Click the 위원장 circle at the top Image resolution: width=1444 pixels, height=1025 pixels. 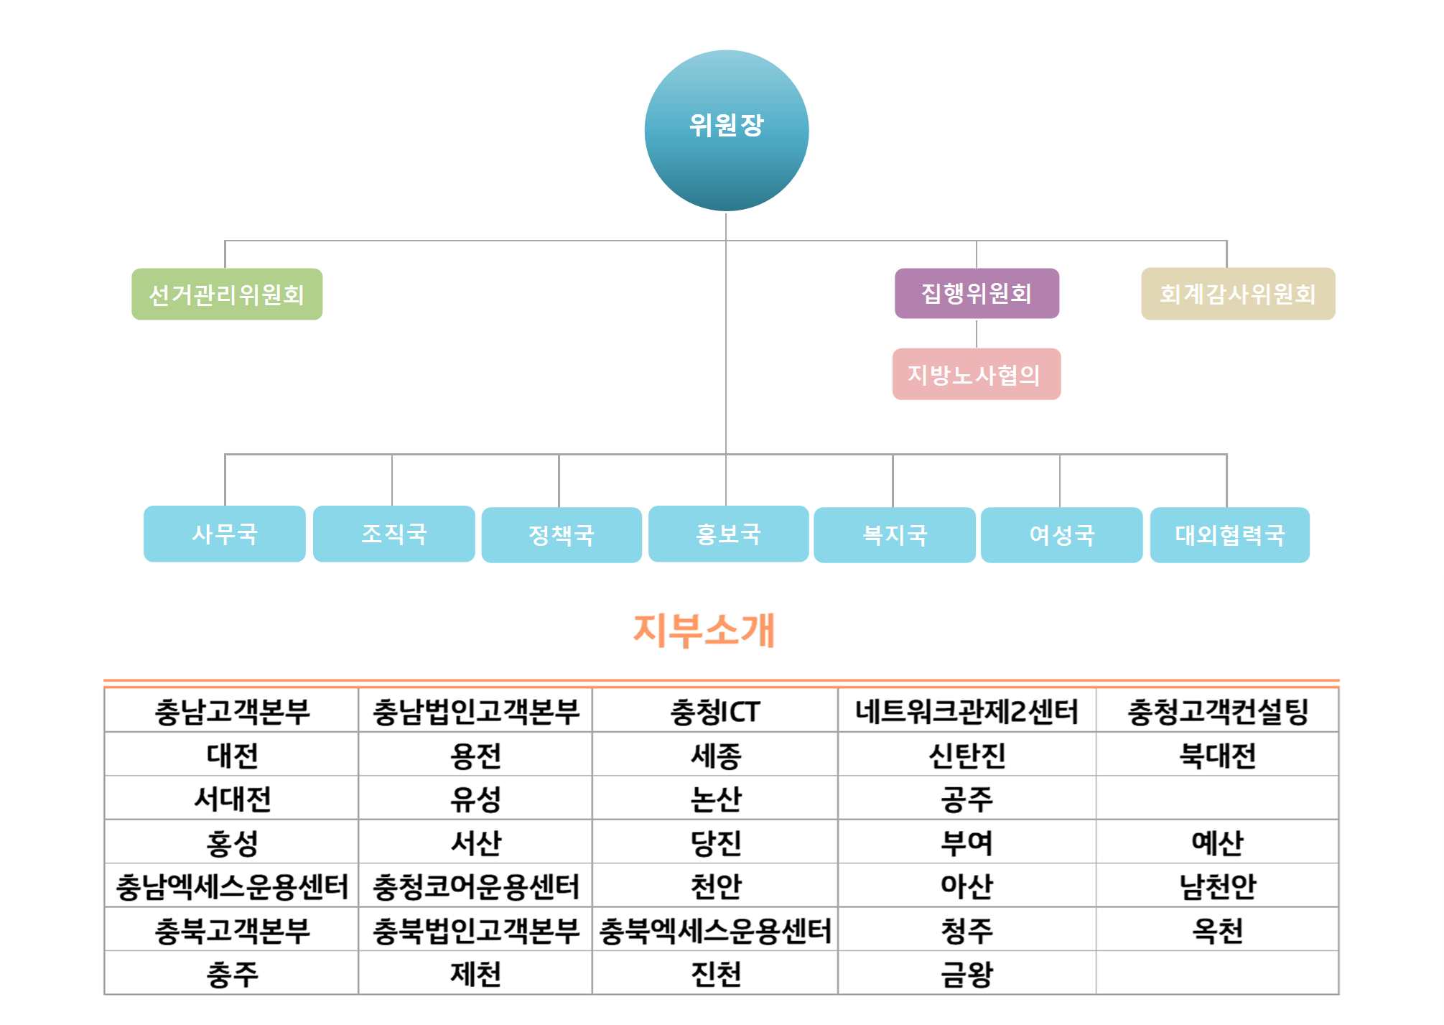point(727,130)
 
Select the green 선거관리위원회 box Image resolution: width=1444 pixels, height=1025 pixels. point(227,294)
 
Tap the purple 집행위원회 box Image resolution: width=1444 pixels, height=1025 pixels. point(977,293)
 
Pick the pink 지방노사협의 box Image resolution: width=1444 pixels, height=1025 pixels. point(977,374)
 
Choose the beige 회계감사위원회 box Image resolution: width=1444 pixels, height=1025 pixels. point(1238,294)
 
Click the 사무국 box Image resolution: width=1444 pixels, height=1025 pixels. point(225,534)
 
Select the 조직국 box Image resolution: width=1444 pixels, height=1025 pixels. point(394,534)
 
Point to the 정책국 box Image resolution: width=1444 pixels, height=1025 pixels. point(562,535)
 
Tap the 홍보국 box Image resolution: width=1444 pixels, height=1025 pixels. point(729,534)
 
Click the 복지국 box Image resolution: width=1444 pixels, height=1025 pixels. point(895,535)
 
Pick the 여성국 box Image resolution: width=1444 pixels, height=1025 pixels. point(1061,535)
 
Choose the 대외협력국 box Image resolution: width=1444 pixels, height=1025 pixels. point(1230,535)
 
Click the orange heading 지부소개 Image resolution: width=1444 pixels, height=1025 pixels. point(704,631)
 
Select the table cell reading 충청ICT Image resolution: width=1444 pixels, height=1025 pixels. point(715,711)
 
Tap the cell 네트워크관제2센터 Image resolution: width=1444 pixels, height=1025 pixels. point(966,711)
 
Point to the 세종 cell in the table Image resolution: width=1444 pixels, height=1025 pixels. point(715,755)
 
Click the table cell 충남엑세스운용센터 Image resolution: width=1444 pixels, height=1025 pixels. point(231,886)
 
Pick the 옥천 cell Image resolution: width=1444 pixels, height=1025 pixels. point(1217,930)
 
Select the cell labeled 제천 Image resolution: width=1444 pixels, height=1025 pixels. point(475,974)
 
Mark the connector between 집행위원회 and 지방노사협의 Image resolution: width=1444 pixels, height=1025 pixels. point(977,333)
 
